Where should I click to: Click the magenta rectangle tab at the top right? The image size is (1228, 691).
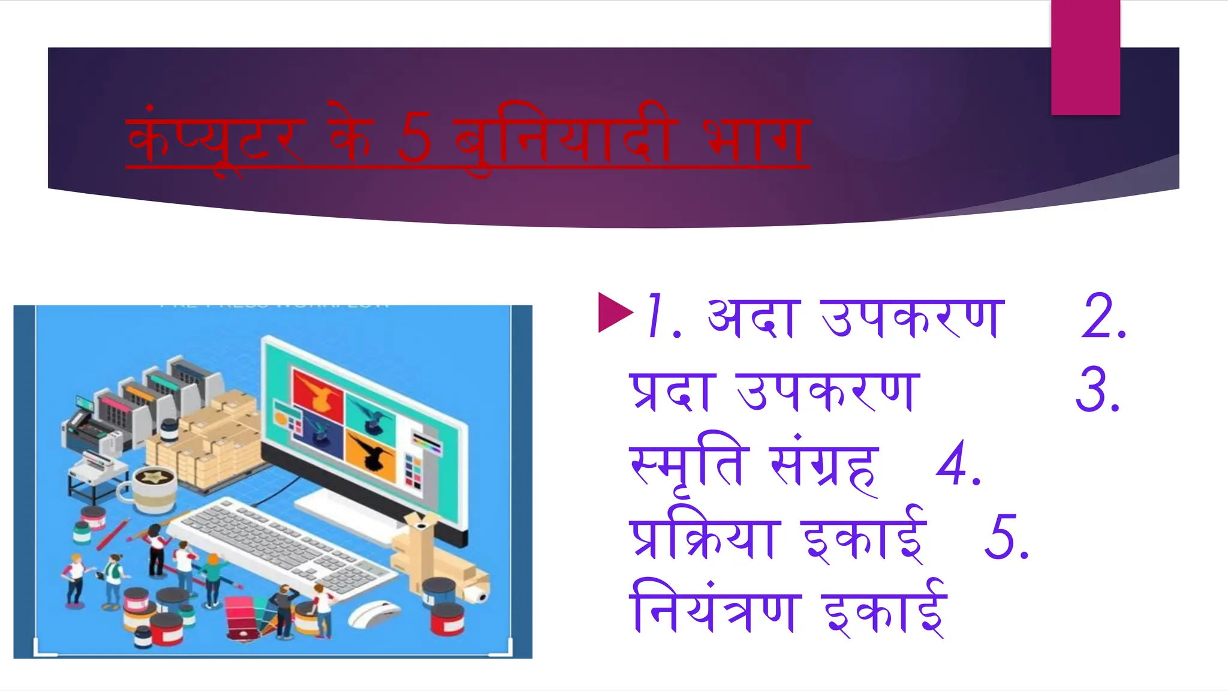(x=1085, y=57)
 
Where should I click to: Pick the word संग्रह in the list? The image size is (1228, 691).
(x=824, y=468)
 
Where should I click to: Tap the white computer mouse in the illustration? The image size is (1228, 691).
(x=373, y=615)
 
